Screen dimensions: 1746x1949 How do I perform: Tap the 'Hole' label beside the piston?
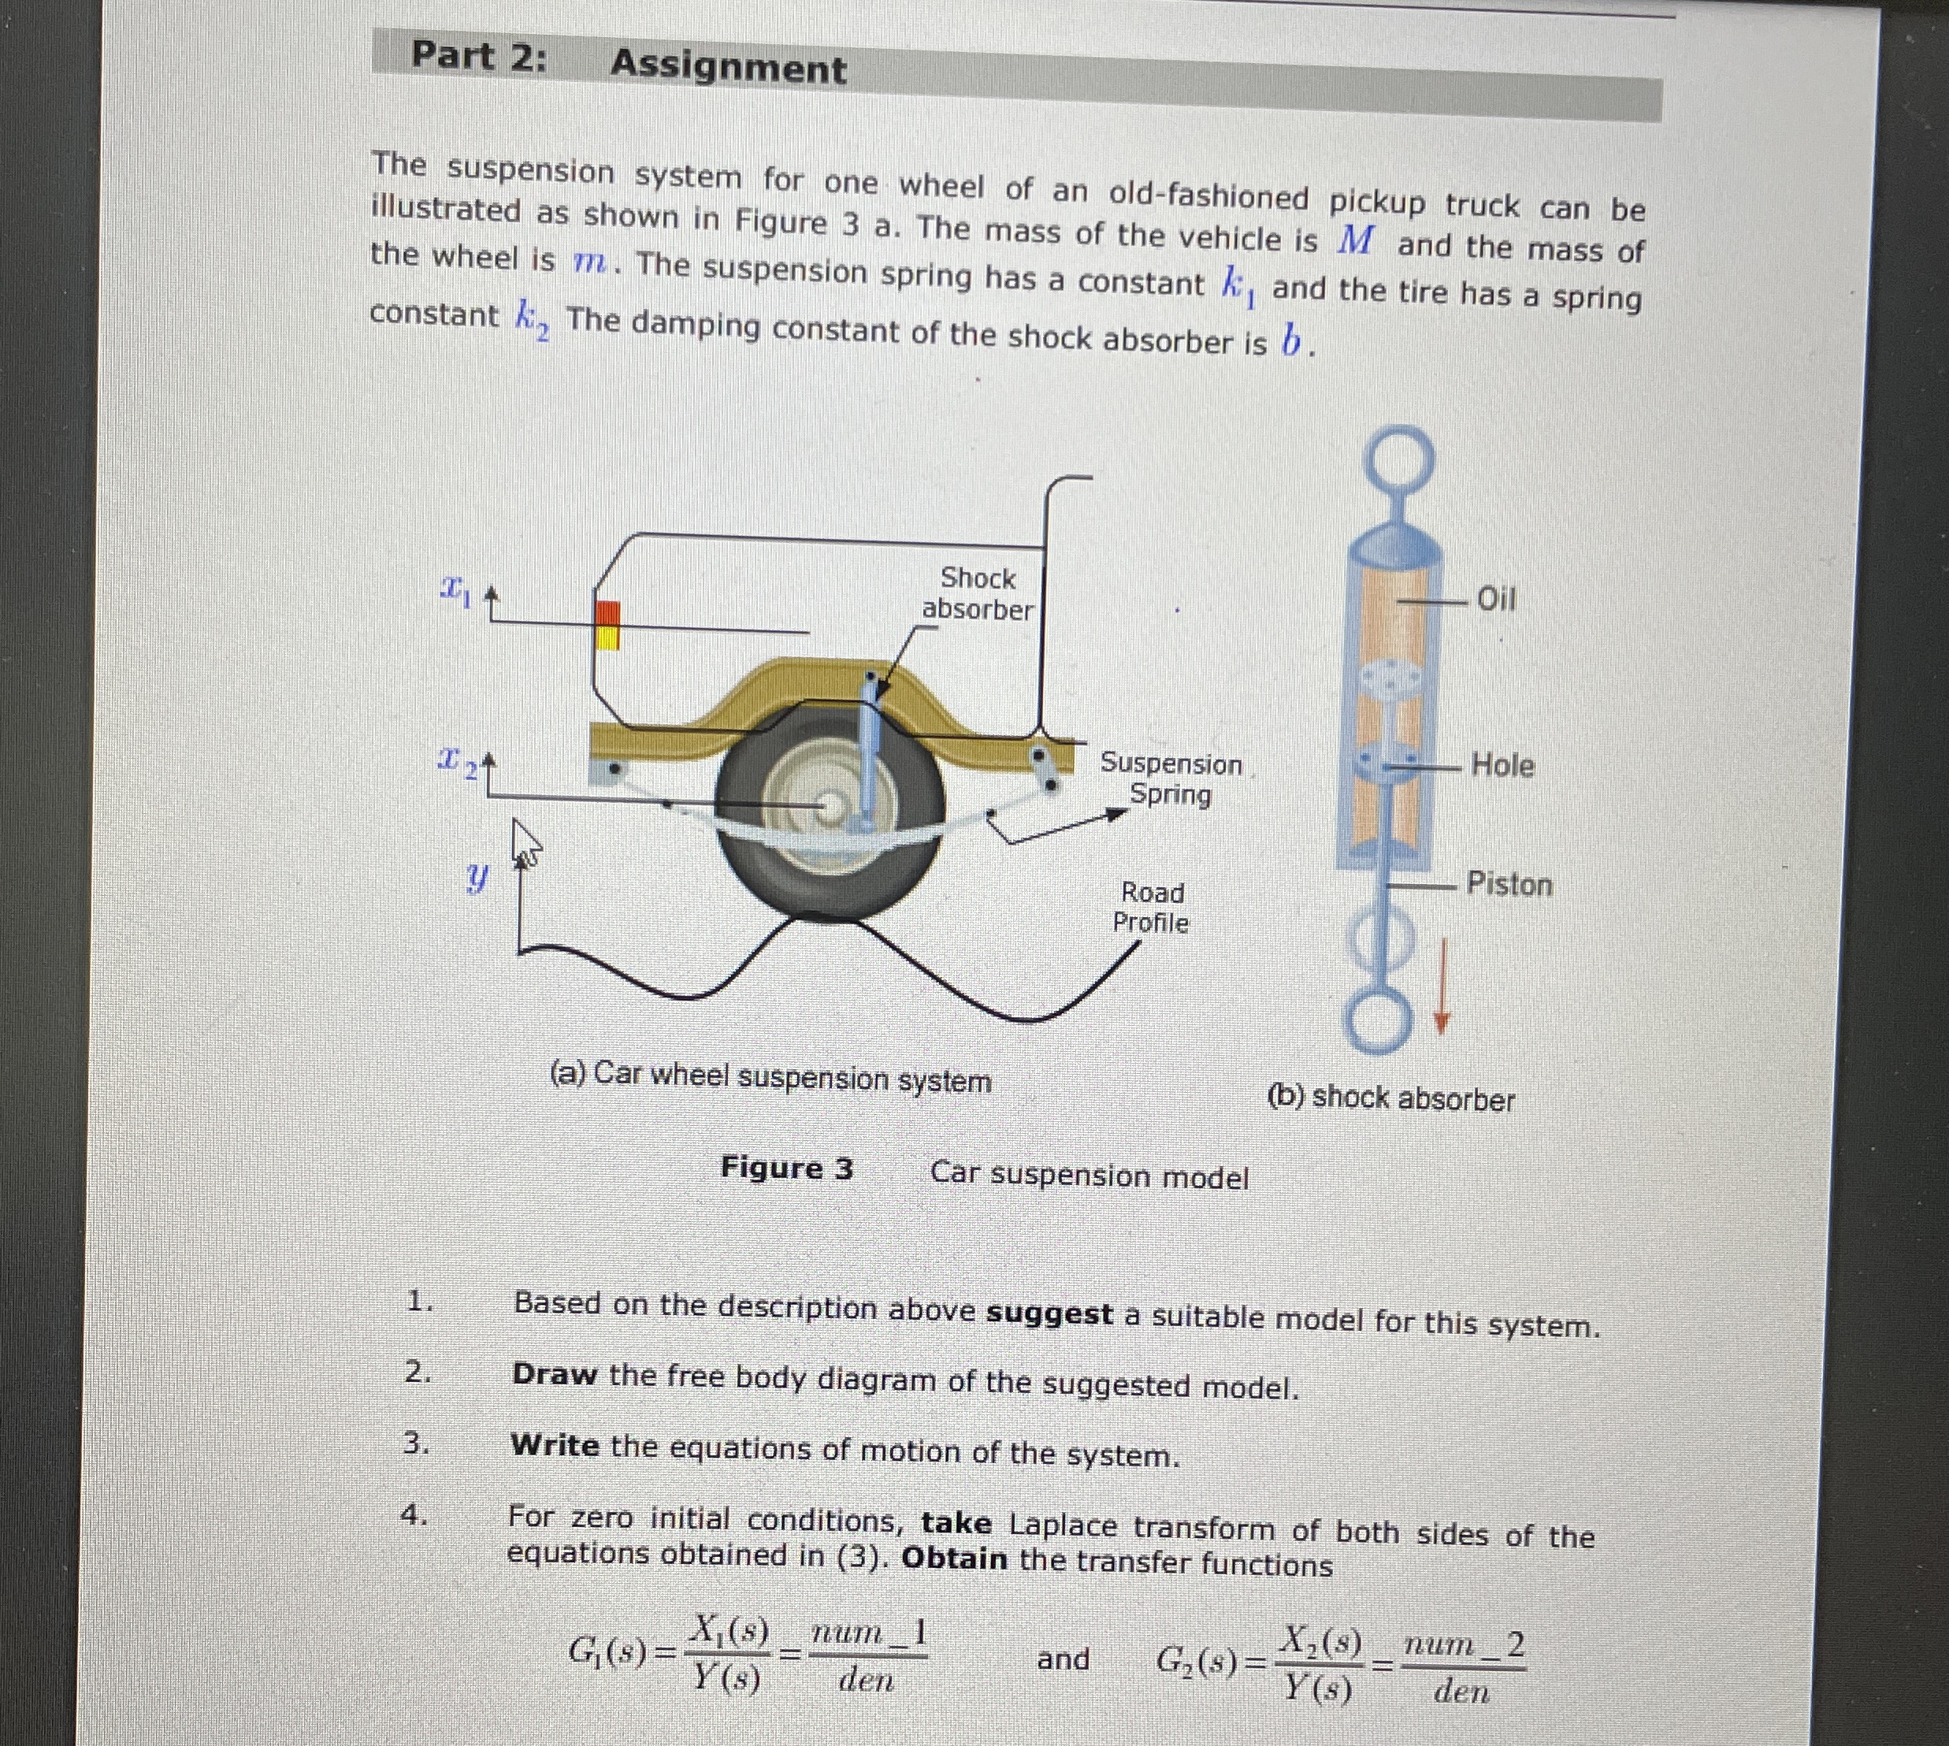click(1502, 766)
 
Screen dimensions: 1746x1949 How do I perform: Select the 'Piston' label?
click(1509, 883)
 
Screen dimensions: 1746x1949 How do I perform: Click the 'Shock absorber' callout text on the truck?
click(978, 594)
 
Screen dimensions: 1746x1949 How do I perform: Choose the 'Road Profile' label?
click(1151, 908)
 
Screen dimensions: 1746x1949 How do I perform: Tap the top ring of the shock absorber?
click(1401, 458)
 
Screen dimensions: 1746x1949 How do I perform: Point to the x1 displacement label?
click(454, 586)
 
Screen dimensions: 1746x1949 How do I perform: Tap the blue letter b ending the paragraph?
click(1291, 341)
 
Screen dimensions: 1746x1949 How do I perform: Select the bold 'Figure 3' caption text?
click(786, 1168)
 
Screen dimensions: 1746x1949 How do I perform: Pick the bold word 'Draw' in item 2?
click(555, 1374)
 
